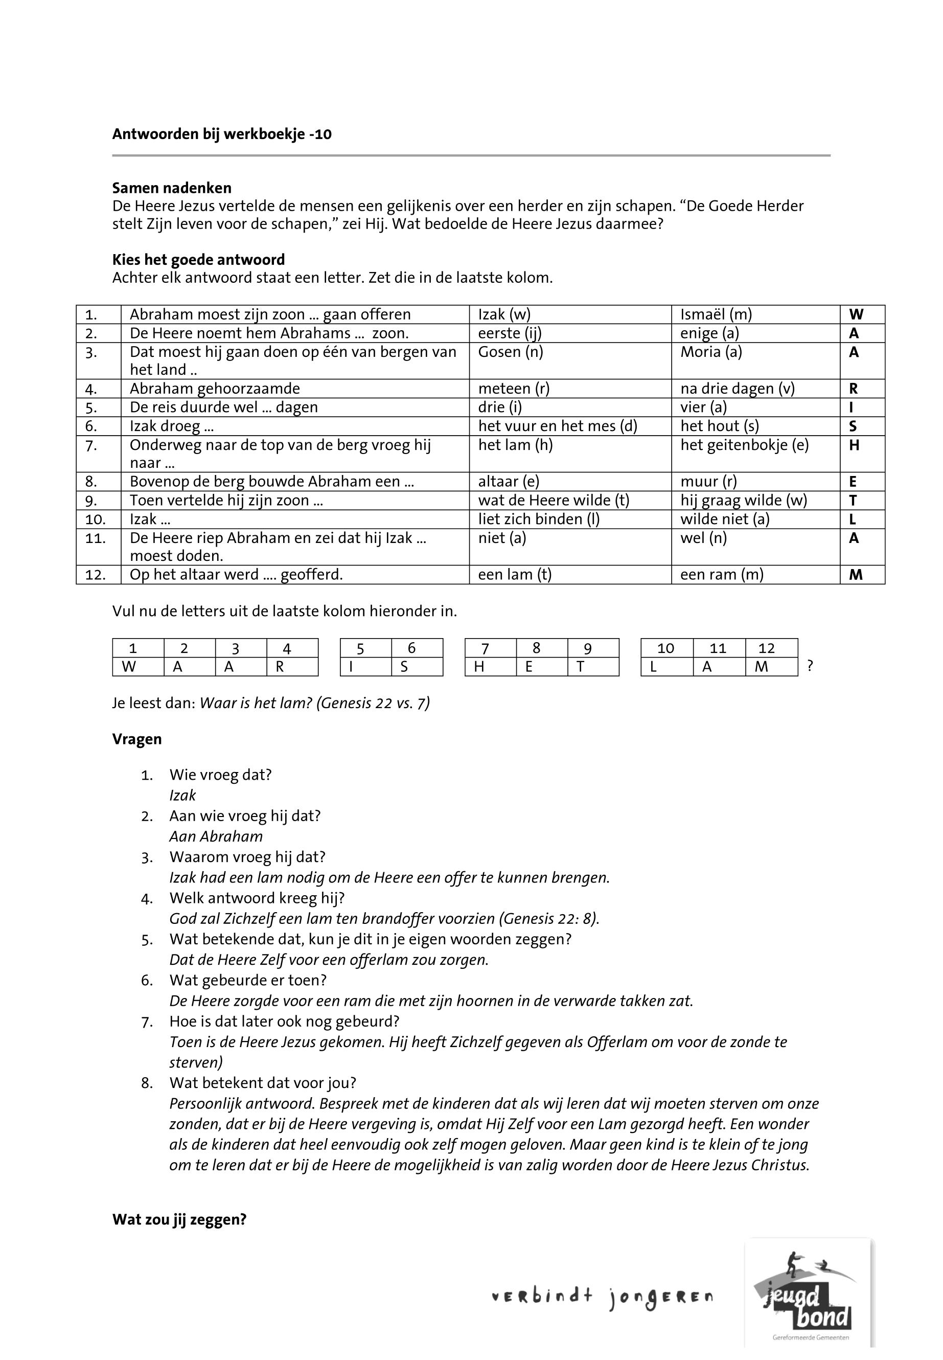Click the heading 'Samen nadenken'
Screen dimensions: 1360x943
(171, 188)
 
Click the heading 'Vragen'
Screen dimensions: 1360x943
(136, 739)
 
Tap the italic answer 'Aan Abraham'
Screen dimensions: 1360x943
(216, 836)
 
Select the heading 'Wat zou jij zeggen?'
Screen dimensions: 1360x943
(179, 1220)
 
